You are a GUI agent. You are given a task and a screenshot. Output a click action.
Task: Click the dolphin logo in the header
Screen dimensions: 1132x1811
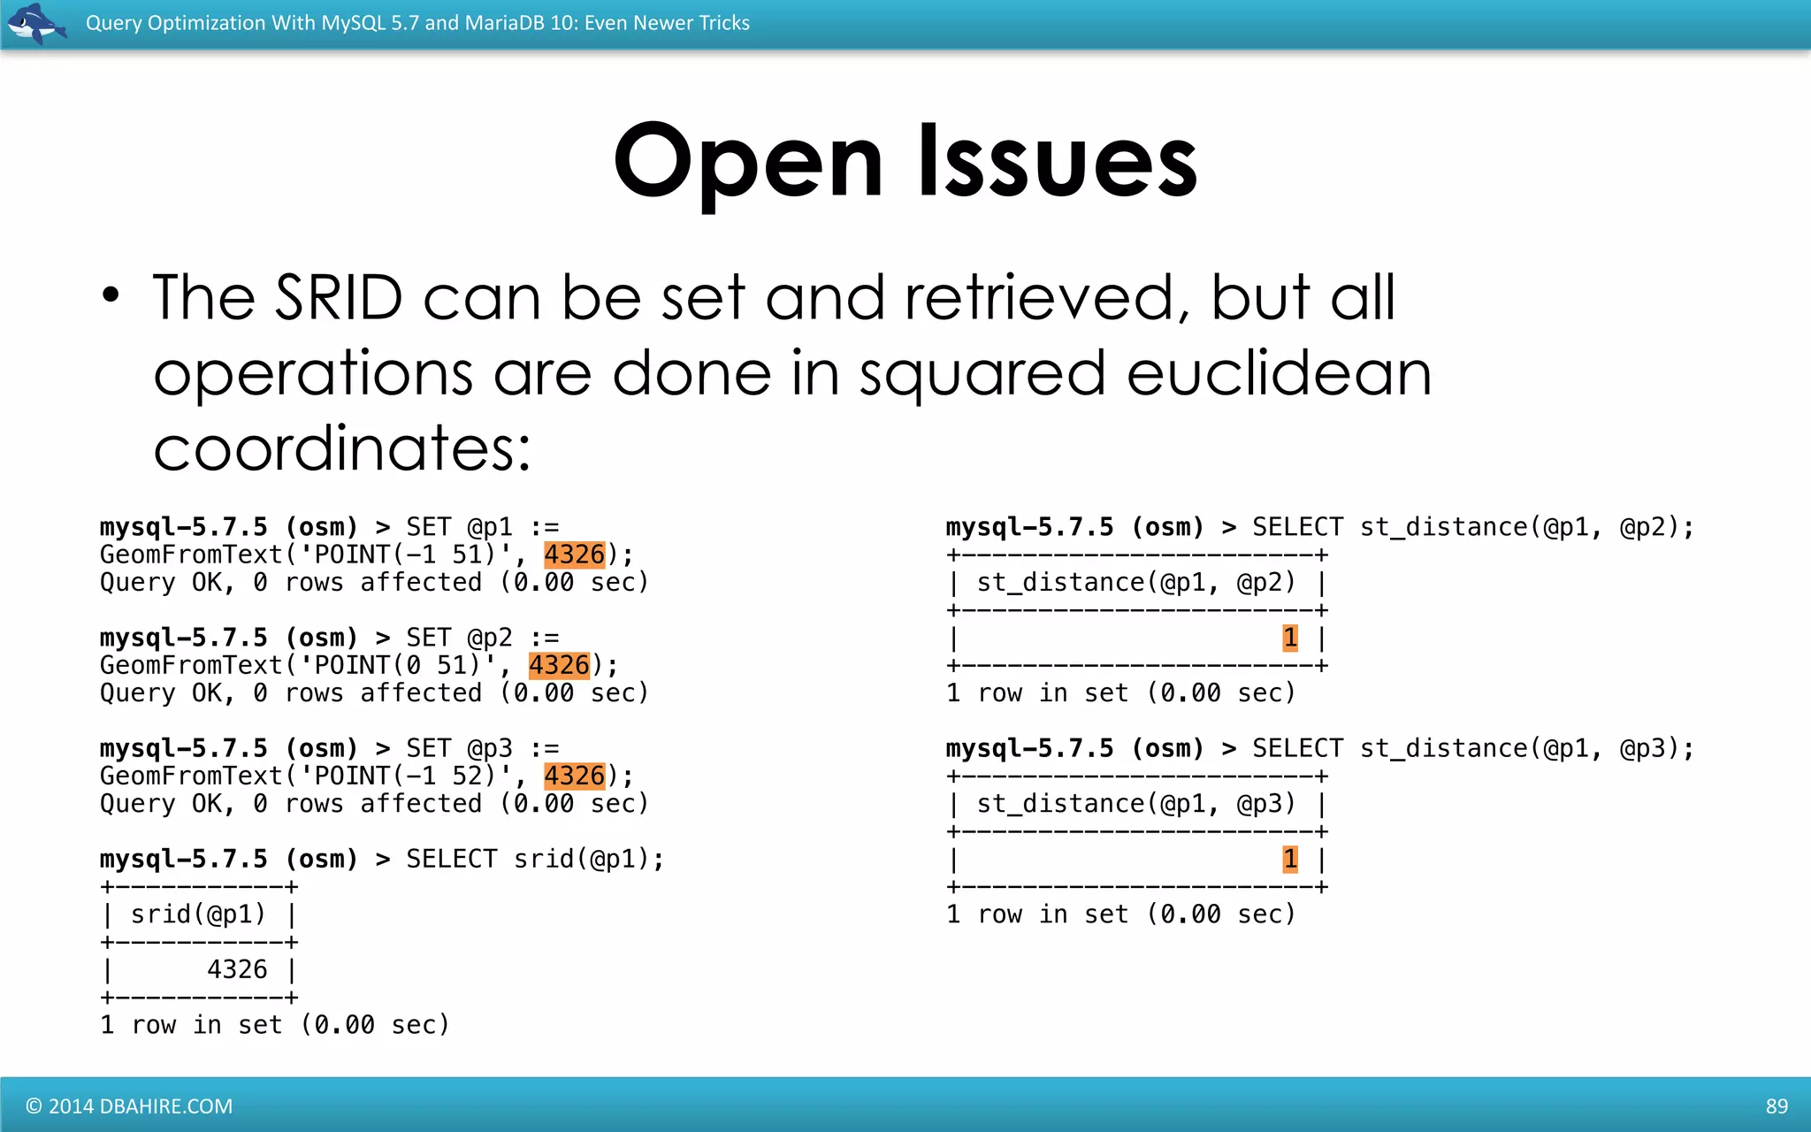35,23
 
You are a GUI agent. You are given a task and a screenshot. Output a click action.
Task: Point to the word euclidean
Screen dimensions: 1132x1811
1279,373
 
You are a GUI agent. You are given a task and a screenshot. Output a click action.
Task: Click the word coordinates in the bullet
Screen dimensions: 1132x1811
341,449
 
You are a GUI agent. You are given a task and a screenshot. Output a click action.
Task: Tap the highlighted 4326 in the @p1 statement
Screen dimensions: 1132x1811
575,555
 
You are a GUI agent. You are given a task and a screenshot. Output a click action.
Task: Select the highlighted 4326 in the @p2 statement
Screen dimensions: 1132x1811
559,665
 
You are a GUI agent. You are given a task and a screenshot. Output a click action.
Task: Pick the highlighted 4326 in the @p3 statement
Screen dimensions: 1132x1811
575,776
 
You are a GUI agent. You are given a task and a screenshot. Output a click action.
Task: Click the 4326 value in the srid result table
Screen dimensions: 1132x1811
237,969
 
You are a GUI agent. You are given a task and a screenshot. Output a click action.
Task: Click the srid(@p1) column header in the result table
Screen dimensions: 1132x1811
198,914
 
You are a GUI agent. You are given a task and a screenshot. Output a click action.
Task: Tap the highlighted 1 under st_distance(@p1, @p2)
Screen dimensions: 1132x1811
1290,638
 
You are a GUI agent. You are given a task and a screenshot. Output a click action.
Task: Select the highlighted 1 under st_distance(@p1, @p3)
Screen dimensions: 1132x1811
1290,859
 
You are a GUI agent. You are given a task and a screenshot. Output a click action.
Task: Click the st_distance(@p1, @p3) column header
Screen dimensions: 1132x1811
1135,804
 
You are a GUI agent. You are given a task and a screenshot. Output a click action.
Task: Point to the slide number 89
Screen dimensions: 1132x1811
1777,1106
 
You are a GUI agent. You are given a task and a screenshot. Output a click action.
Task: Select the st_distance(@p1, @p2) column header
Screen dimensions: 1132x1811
1135,583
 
